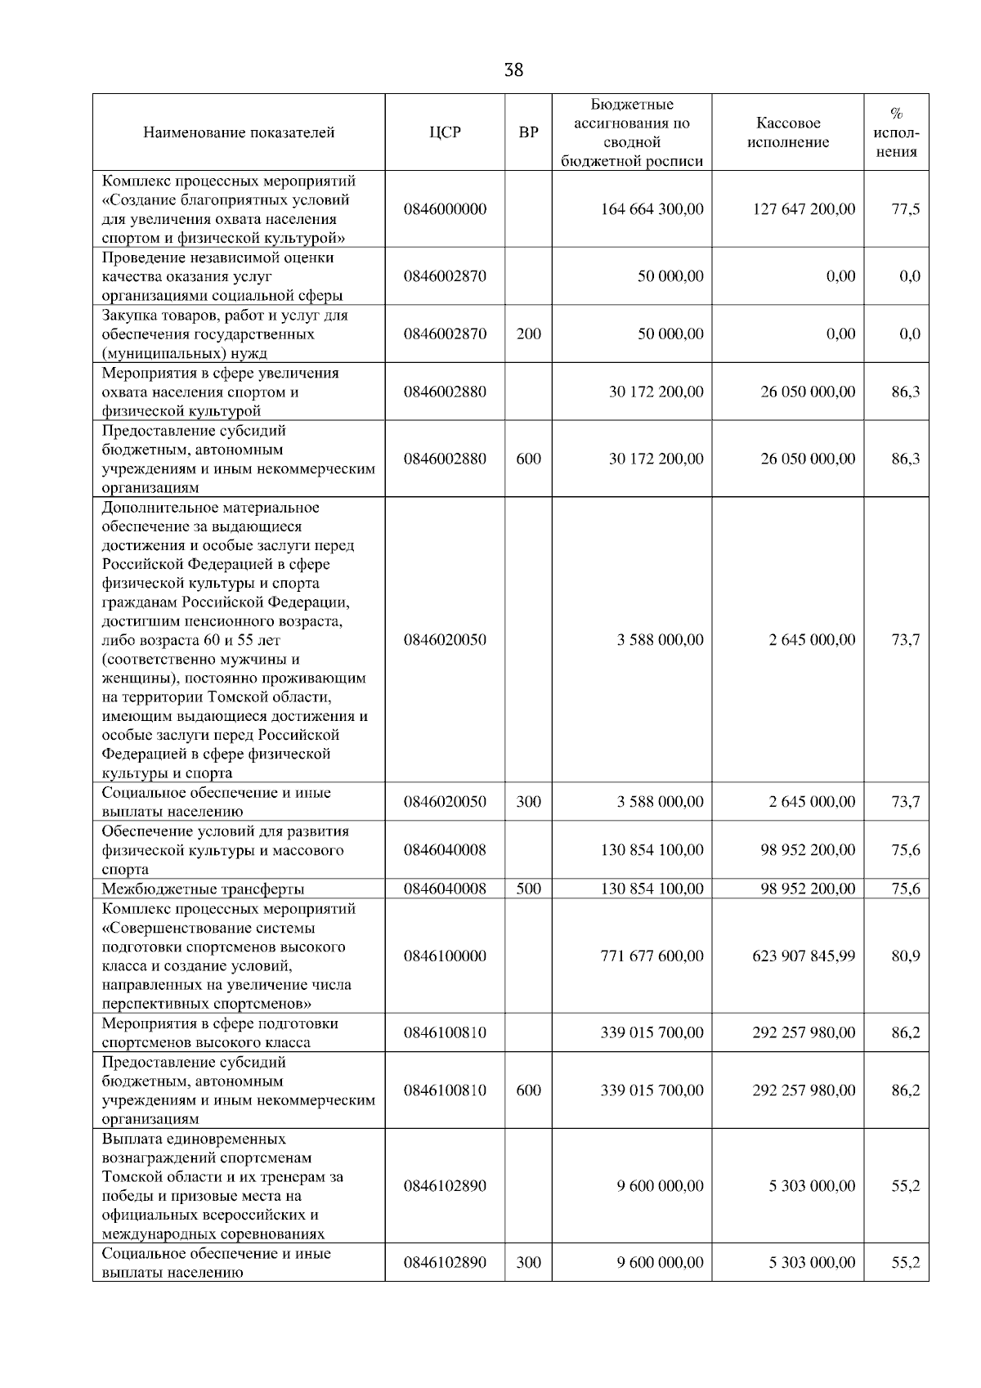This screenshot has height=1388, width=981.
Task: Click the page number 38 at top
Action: (x=513, y=70)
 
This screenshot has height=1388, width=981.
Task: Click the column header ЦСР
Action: (x=445, y=132)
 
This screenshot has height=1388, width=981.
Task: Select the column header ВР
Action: (x=529, y=132)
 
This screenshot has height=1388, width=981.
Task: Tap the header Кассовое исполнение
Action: (x=787, y=132)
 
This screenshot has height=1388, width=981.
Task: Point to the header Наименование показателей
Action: (x=239, y=132)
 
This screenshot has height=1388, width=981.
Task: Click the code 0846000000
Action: (x=445, y=209)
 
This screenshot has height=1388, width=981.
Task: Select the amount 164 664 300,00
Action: (x=652, y=209)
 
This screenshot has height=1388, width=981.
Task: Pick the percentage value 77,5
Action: (x=905, y=209)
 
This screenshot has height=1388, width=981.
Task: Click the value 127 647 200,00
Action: (x=804, y=209)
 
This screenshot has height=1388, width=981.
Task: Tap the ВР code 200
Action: (x=529, y=334)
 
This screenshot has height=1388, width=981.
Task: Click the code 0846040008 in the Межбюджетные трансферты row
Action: (x=445, y=889)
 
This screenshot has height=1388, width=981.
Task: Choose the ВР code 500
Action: (x=529, y=889)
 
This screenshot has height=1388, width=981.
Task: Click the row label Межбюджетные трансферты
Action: (x=204, y=889)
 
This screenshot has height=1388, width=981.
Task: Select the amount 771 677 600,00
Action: (x=652, y=956)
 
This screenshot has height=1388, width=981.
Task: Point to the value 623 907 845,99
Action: (x=804, y=956)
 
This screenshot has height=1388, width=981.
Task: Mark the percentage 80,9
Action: (x=905, y=956)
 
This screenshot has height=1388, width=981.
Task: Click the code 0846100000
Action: (x=445, y=956)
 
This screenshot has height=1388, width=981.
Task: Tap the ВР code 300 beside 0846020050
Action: (x=529, y=802)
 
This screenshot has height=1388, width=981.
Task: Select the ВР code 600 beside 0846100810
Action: (x=529, y=1090)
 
